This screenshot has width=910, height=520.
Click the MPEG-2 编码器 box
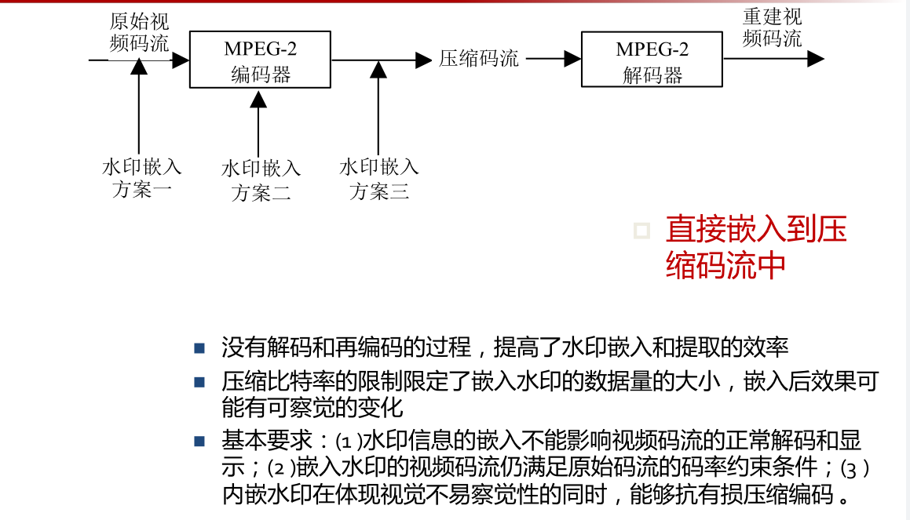(260, 60)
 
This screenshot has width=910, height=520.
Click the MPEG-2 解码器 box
(652, 60)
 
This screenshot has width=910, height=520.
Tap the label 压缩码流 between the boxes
(478, 59)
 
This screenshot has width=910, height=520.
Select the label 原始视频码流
(139, 31)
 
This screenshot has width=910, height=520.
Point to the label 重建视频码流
(772, 27)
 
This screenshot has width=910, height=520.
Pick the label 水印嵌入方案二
(261, 180)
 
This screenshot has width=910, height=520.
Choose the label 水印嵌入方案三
(379, 179)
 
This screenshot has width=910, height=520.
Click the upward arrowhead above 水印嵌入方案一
(139, 67)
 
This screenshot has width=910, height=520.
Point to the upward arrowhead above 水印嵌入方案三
(378, 69)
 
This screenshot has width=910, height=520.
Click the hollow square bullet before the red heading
(642, 231)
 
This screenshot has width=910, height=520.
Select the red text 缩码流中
(725, 265)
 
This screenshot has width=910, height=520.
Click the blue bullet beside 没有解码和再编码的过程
(199, 347)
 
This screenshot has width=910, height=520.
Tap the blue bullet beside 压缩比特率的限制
(199, 383)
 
